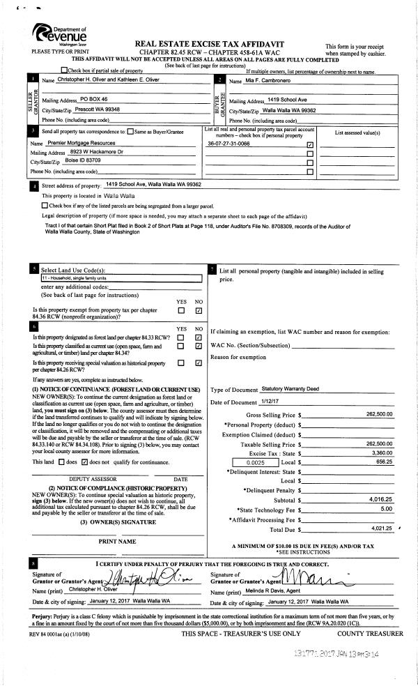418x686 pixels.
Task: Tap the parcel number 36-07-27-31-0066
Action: [229, 144]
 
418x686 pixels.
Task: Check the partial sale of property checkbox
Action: [65, 70]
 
